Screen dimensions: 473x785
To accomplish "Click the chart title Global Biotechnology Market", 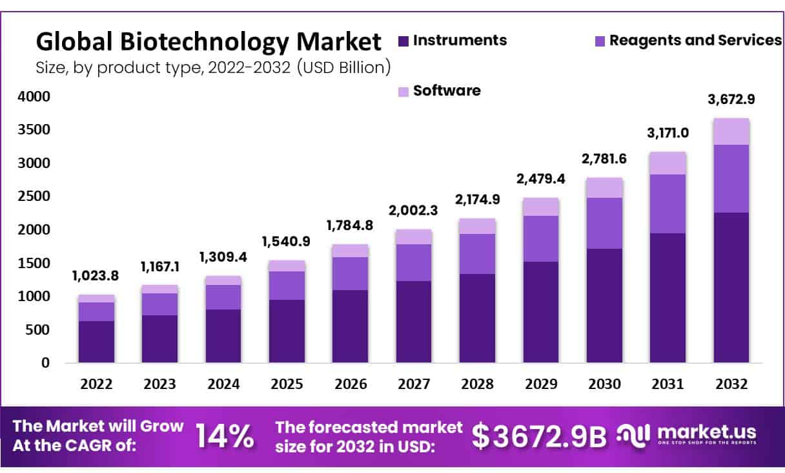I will pos(209,42).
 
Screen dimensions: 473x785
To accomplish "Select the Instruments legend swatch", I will pos(404,41).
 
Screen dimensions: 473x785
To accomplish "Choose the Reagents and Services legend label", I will pos(695,41).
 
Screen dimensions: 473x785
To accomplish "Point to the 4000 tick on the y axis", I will pos(32,97).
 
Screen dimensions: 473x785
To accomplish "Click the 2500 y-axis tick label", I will pos(32,196).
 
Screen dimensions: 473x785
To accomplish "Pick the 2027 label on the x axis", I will pos(414,384).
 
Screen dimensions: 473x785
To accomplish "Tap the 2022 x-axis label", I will pos(96,384).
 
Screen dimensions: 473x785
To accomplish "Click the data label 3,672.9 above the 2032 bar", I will pos(730,100).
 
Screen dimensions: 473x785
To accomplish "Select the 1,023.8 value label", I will pos(96,276).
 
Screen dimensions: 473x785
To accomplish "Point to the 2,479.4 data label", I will pos(541,179).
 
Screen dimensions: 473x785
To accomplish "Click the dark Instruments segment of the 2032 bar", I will pos(731,288).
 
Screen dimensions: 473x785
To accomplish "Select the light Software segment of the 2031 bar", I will pos(668,163).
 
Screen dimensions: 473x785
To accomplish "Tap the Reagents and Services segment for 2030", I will pos(604,223).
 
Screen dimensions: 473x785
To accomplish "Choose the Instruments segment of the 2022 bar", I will pos(96,342).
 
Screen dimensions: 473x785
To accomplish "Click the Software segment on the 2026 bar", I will pos(351,251).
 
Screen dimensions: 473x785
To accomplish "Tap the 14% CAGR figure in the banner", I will pos(225,436).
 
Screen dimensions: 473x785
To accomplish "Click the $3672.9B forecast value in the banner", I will pos(539,437).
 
